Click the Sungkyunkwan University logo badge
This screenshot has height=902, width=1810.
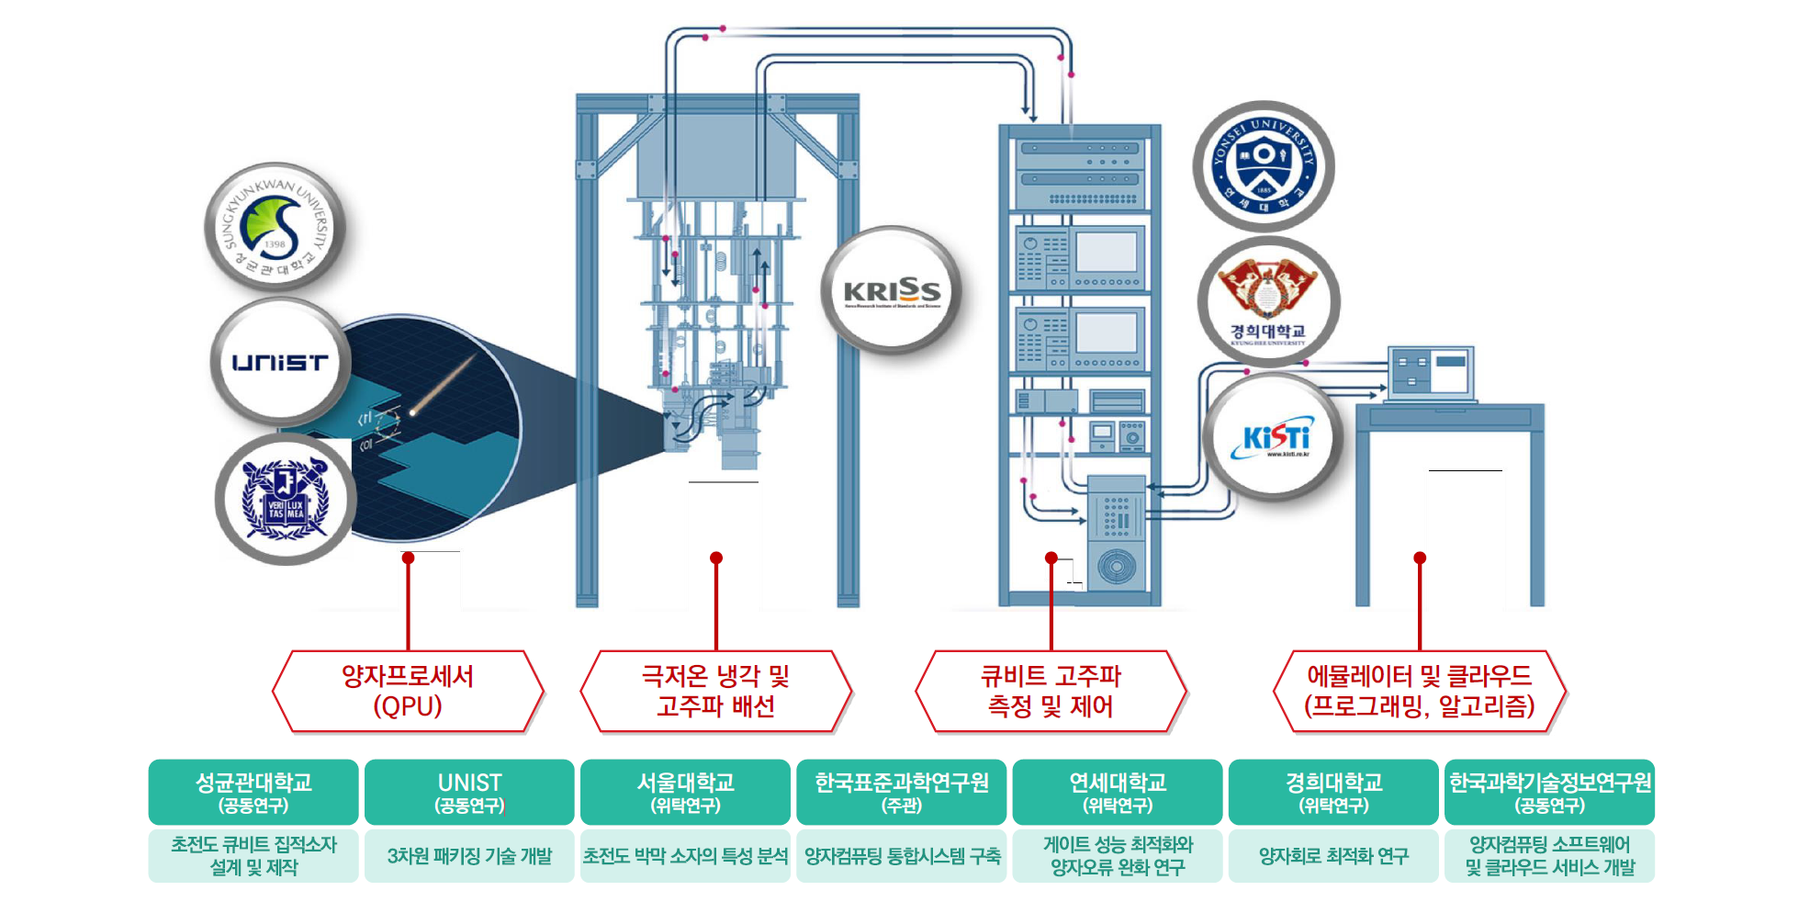click(274, 227)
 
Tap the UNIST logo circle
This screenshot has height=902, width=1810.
click(280, 362)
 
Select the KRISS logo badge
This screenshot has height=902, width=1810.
click(892, 291)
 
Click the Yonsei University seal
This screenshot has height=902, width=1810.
click(1264, 166)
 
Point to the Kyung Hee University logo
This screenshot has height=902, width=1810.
click(1268, 302)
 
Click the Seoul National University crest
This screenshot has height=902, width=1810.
click(285, 500)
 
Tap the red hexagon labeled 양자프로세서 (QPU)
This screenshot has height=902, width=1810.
click(408, 692)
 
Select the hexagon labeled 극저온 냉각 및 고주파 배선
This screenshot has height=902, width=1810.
click(716, 692)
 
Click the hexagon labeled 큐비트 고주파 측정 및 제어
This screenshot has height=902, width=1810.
click(1051, 692)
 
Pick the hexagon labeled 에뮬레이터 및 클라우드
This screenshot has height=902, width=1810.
click(1419, 692)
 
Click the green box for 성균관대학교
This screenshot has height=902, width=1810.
click(253, 792)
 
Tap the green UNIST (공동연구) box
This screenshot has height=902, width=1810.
click(469, 792)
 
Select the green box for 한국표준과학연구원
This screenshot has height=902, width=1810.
click(901, 792)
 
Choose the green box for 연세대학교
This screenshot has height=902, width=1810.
click(1118, 792)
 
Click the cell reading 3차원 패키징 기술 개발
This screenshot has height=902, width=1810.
click(469, 856)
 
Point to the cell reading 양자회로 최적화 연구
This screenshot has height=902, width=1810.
click(1333, 856)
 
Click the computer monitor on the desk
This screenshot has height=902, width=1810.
click(1431, 372)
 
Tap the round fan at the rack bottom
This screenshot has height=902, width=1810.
click(1116, 566)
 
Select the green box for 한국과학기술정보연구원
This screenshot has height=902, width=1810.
click(1549, 792)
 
